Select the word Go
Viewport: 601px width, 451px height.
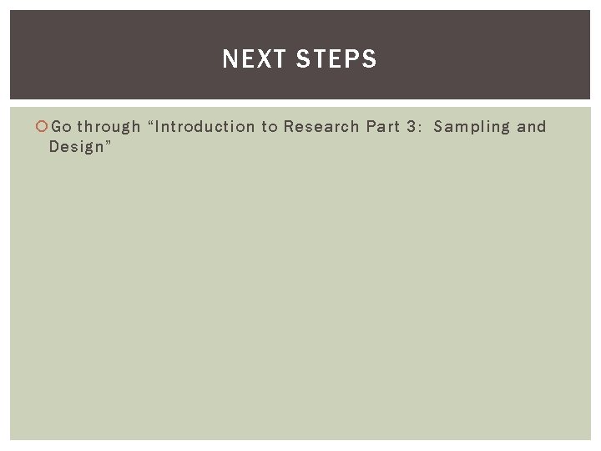click(61, 127)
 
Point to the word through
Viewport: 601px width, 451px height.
click(109, 128)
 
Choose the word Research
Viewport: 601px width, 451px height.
click(321, 127)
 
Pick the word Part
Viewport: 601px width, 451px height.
click(383, 127)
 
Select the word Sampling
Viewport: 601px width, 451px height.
click(471, 128)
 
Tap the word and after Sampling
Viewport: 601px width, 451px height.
click(532, 127)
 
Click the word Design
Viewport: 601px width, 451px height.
click(75, 148)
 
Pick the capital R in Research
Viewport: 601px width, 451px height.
click(288, 127)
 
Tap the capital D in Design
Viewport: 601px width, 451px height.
click(54, 147)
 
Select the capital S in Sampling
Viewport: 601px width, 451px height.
click(439, 127)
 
